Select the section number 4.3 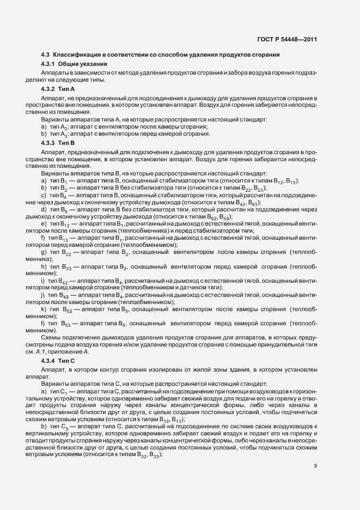coord(45,54)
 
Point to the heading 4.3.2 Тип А coord(58,88)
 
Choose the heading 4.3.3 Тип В coord(58,143)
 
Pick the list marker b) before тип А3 coord(44,135)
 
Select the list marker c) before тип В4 coord(44,195)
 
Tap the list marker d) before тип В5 coord(44,209)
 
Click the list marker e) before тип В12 coord(44,224)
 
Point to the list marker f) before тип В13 coord(43,239)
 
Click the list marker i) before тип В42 coord(43,281)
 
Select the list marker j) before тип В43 coord(43,295)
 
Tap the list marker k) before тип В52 coord(44,309)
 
